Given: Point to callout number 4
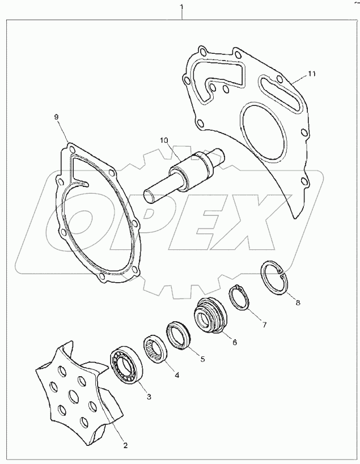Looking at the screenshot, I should click(176, 374).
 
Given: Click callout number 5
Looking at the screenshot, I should click(202, 359).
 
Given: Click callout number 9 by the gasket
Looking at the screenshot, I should click(56, 117).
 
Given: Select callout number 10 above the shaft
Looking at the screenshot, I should click(164, 140).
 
